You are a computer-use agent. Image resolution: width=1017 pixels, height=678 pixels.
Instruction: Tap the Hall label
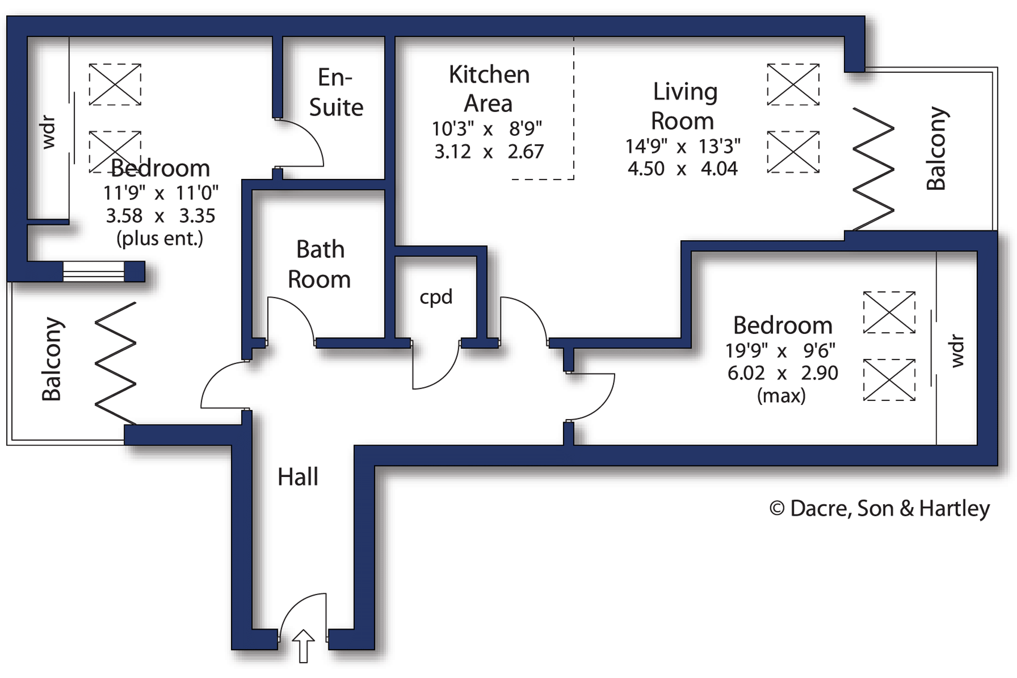click(298, 477)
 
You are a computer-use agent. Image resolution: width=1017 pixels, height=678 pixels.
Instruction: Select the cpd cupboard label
click(436, 297)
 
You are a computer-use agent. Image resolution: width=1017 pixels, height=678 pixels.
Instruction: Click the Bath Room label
click(319, 264)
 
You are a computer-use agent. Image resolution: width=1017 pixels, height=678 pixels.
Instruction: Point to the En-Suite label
click(336, 92)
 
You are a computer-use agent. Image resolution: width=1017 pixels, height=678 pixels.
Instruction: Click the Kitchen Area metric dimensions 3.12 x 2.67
click(488, 152)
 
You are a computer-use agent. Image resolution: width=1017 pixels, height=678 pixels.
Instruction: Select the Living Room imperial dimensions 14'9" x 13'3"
click(683, 146)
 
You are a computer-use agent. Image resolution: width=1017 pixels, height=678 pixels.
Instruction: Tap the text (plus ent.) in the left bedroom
click(160, 238)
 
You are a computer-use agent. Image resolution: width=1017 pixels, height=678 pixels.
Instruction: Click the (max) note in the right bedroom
click(781, 396)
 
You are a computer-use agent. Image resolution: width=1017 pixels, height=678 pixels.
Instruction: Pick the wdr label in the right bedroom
click(957, 351)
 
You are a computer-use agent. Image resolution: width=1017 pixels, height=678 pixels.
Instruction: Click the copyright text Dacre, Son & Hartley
click(879, 508)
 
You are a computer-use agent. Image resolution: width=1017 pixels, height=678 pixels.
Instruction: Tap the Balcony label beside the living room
click(936, 148)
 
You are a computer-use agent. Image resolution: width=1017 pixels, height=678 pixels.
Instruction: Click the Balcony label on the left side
click(52, 359)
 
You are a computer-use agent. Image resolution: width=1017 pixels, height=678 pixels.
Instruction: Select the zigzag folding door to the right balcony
click(873, 169)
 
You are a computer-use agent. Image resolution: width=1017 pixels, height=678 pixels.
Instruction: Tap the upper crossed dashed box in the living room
click(793, 85)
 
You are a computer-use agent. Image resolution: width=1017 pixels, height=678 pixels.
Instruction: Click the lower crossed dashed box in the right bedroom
click(889, 380)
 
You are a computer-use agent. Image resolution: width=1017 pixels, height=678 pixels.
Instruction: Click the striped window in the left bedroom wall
click(94, 271)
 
